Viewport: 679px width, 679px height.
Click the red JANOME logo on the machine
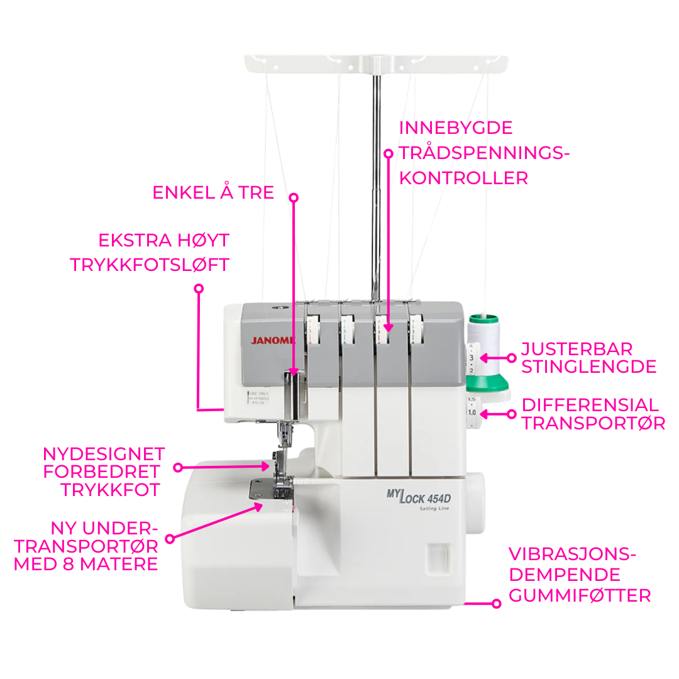273,340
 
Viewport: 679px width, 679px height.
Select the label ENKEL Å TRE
213,192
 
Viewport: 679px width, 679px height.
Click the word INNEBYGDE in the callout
456,128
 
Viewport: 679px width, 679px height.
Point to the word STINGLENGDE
588,367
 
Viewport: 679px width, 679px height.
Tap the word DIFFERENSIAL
590,404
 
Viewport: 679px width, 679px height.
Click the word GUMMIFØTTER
579,595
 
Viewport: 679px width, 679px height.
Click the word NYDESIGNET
104,454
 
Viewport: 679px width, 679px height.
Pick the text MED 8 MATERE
86,564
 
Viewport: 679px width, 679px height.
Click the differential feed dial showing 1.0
472,412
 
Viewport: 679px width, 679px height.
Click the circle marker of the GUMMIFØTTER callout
496,604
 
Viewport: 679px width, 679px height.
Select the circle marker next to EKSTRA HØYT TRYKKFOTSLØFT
199,289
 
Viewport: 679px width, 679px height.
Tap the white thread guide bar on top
375,63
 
